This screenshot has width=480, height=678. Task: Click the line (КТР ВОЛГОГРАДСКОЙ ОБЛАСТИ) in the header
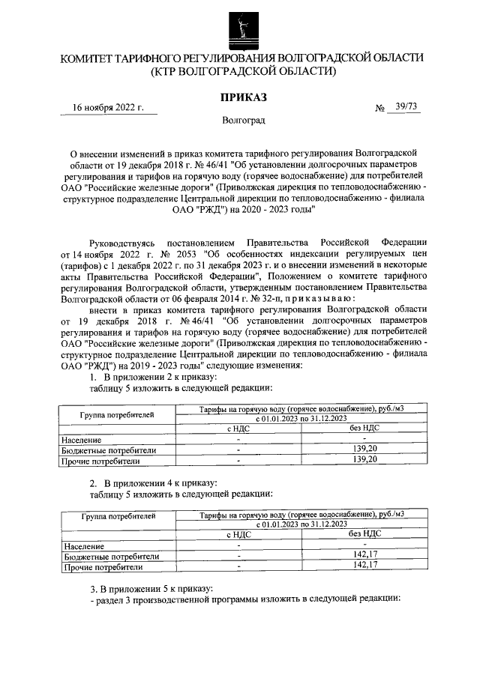(x=241, y=72)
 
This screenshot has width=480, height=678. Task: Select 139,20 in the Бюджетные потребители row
(x=364, y=450)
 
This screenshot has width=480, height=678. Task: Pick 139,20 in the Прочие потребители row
(x=364, y=460)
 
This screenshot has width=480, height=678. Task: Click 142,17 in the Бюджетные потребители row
(x=364, y=557)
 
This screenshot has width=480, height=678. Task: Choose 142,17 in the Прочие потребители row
(x=364, y=566)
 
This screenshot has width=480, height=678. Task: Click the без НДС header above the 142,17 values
(x=364, y=535)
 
